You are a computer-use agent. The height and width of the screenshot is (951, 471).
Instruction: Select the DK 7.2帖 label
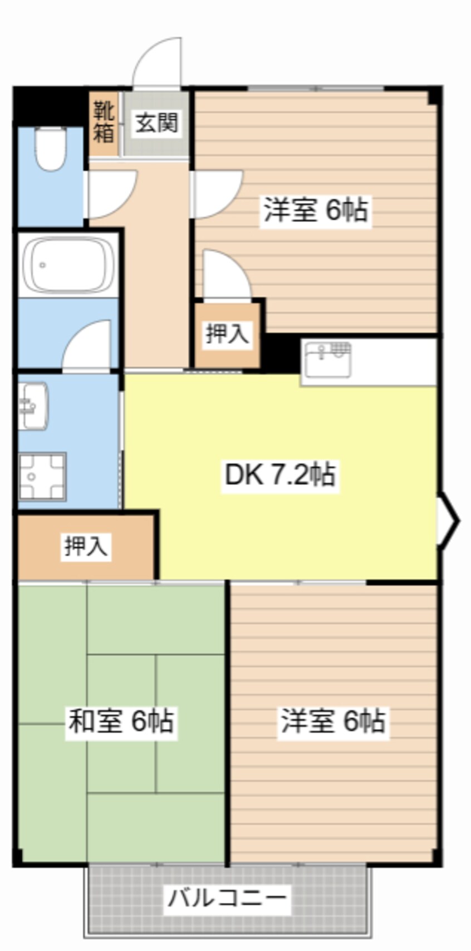[x=279, y=475]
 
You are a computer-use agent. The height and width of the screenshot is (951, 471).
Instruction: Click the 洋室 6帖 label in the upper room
[x=315, y=210]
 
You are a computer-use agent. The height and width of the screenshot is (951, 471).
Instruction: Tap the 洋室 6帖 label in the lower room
[x=332, y=721]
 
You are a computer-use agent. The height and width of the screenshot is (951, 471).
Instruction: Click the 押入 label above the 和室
[x=86, y=546]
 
